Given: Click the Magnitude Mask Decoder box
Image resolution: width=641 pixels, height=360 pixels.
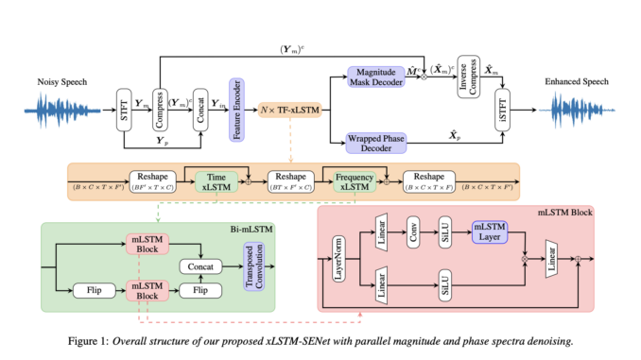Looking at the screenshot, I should click(x=376, y=77).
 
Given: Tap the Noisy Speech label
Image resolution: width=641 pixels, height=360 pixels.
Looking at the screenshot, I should click(x=63, y=82).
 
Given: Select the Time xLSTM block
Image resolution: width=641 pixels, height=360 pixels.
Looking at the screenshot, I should click(x=216, y=182).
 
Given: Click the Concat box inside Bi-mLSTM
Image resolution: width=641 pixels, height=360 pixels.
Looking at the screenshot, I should click(x=199, y=267).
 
